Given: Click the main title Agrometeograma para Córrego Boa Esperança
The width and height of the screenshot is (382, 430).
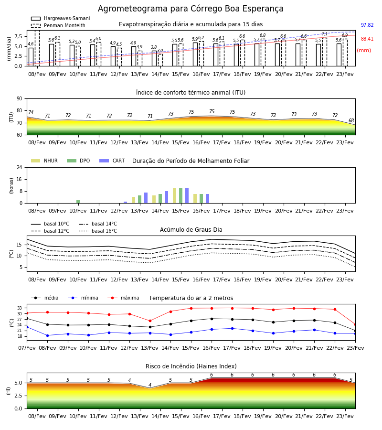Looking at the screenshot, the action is [191, 9].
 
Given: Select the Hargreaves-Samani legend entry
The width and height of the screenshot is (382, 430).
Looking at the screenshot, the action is [61, 18].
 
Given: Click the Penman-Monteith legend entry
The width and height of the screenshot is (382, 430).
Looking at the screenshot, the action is [58, 25].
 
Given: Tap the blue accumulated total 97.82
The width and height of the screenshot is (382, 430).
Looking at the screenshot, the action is [367, 25].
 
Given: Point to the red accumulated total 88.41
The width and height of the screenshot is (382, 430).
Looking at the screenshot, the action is [367, 39].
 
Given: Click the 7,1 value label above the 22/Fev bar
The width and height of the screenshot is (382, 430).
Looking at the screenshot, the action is [324, 34].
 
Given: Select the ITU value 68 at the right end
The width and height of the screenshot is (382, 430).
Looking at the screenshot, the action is [351, 121].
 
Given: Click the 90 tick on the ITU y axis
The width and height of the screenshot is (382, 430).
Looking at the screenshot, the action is [20, 99].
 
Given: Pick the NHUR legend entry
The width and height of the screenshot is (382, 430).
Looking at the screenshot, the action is [44, 161].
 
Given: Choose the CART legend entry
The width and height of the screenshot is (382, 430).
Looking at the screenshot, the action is [112, 161].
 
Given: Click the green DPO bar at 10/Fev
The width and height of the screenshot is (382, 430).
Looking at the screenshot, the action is [78, 202].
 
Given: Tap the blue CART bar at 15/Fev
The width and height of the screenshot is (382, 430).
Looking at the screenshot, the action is [187, 196].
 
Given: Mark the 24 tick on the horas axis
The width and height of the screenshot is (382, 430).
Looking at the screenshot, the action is [20, 168].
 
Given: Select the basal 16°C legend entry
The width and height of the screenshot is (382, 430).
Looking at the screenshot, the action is [98, 231].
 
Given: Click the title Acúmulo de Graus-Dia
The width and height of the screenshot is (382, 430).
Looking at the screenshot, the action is [191, 230].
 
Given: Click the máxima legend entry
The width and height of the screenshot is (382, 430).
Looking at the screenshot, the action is [124, 298].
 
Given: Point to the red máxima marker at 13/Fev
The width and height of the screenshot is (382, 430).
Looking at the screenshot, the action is [150, 321].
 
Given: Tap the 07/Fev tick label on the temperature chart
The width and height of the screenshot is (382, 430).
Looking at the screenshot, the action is [27, 348].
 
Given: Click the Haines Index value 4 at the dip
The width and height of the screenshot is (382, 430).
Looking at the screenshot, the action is [150, 385].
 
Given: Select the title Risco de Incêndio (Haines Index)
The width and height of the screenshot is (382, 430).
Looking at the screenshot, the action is [191, 366].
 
